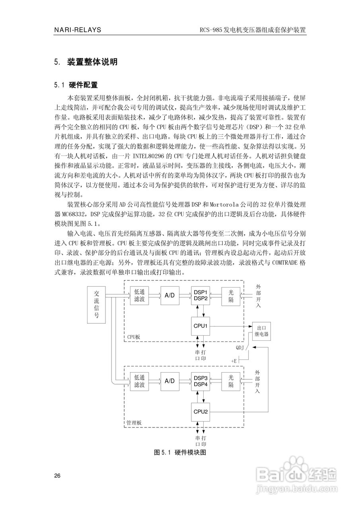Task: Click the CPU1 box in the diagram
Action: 201,326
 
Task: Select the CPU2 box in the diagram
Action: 201,412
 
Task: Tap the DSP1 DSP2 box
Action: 201,295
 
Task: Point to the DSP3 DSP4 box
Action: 201,381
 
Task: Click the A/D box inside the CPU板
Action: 170,295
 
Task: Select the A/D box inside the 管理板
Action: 170,381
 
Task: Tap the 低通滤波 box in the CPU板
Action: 139,295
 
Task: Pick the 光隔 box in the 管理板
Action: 231,381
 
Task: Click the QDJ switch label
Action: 239,348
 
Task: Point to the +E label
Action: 234,361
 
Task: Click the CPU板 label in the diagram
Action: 134,336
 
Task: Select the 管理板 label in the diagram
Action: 134,422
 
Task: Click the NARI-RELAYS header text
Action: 78,30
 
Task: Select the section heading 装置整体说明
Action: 92,62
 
